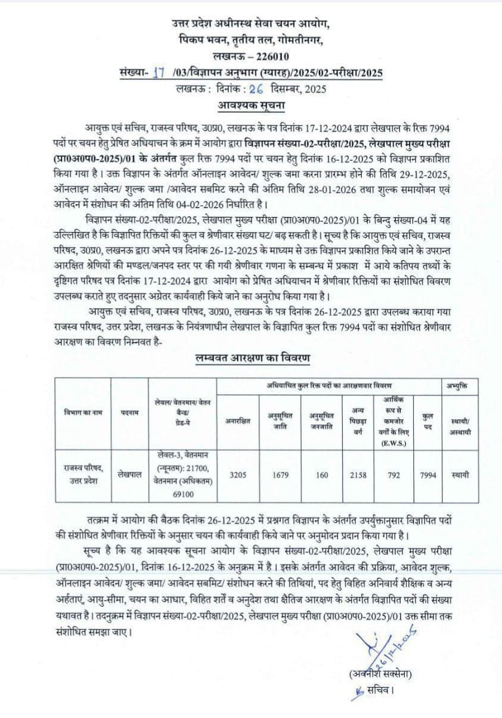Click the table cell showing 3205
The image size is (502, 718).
[x=238, y=475]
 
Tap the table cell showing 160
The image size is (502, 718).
[x=323, y=475]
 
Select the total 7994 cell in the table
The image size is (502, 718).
[x=427, y=475]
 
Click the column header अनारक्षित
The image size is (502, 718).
[x=238, y=420]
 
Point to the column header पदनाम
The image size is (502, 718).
[x=129, y=413]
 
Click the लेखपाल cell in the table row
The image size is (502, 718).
[x=129, y=475]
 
